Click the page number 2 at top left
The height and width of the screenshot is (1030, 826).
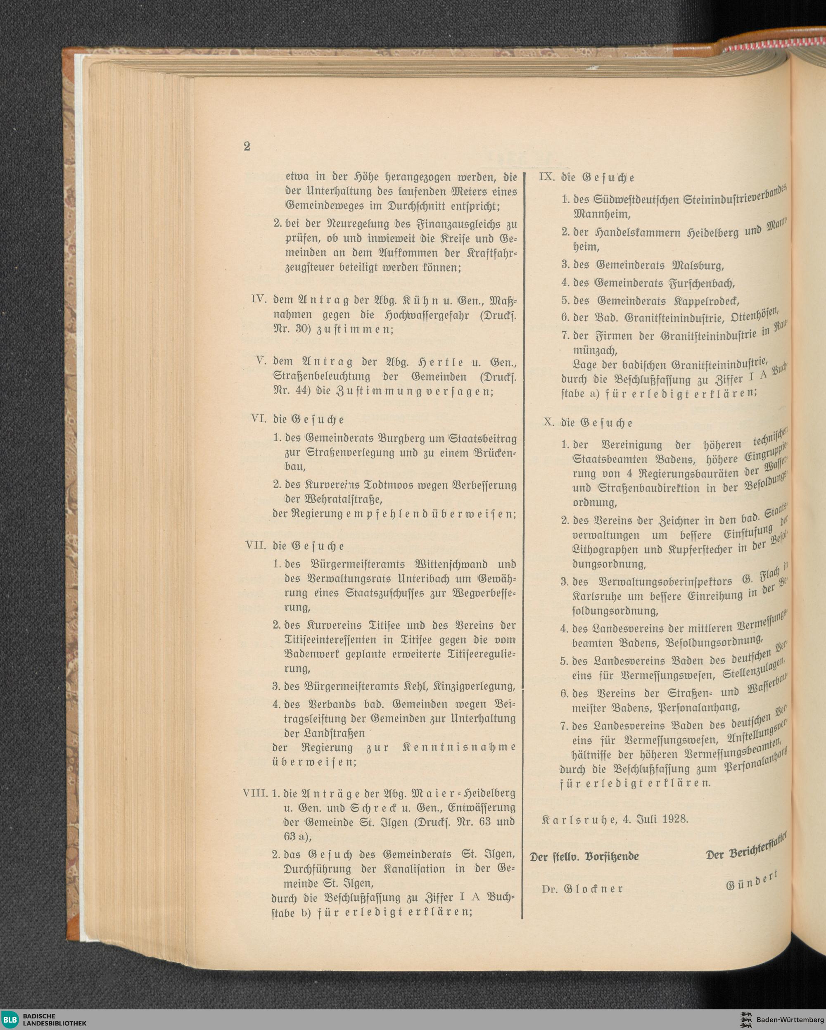pyautogui.click(x=247, y=146)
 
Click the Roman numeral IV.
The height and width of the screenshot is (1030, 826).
pyautogui.click(x=259, y=299)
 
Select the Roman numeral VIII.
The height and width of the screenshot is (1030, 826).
pyautogui.click(x=255, y=793)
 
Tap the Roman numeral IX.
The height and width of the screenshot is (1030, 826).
pyautogui.click(x=546, y=177)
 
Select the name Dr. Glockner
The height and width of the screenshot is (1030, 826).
pyautogui.click(x=582, y=889)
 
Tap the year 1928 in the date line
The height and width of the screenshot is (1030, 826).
pyautogui.click(x=675, y=819)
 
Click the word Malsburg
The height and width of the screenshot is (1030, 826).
pyautogui.click(x=698, y=265)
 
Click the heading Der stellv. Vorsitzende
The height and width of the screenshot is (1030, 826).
pyautogui.click(x=584, y=856)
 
